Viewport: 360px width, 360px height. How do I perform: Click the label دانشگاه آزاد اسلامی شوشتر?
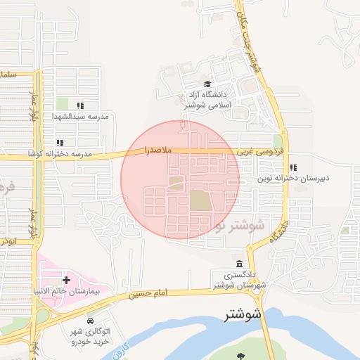[x=204, y=99]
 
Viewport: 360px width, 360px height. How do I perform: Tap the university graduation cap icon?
[x=205, y=83]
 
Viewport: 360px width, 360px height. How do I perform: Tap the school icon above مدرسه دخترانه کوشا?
[x=60, y=142]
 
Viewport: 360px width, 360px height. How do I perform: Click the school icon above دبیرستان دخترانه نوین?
[x=292, y=167]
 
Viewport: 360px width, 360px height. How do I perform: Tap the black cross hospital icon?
[x=66, y=280]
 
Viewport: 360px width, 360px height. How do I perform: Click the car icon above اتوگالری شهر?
[x=89, y=320]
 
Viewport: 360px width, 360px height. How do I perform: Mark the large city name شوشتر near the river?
[x=243, y=314]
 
